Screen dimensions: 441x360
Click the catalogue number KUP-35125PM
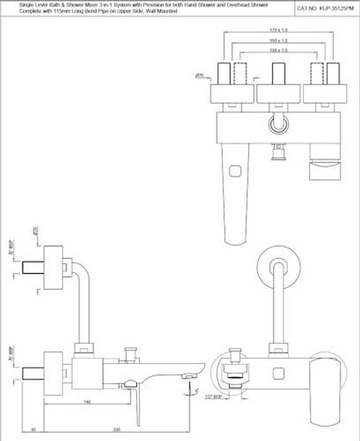pyautogui.click(x=325, y=7)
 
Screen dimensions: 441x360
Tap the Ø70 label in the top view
pyautogui.click(x=200, y=76)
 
